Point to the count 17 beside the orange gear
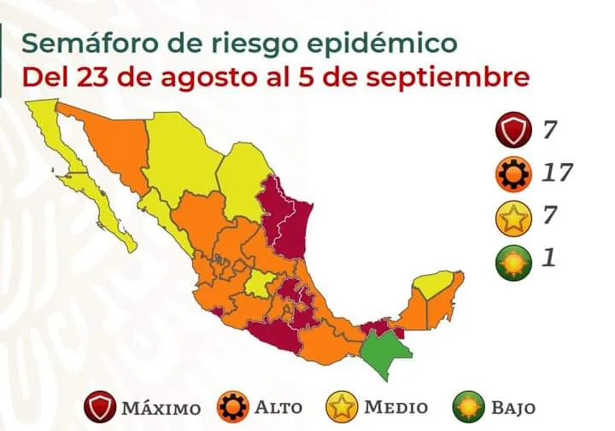(556, 173)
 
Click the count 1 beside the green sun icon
(548, 257)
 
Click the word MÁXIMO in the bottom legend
(161, 407)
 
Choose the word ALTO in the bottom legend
(278, 406)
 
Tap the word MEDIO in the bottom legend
(395, 406)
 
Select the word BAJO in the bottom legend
(512, 407)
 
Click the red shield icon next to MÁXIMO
(101, 407)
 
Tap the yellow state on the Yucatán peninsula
(433, 284)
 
